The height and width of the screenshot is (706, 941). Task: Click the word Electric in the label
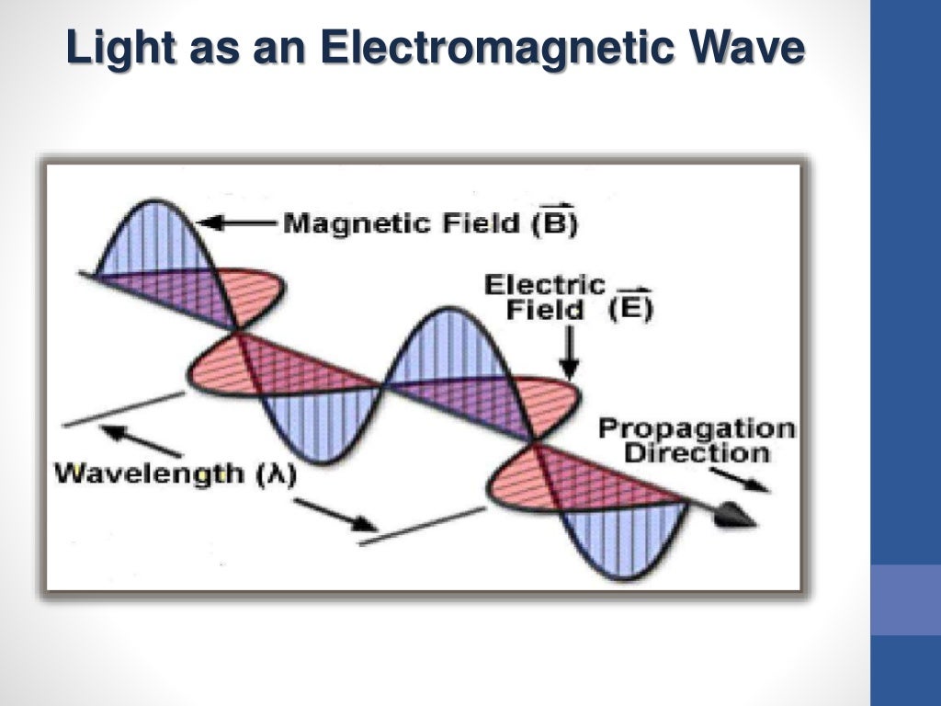click(545, 285)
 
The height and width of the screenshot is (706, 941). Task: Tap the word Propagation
click(697, 428)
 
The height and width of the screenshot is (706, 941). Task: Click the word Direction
click(697, 452)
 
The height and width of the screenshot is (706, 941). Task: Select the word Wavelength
click(149, 475)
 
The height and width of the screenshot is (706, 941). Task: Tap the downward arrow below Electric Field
click(570, 354)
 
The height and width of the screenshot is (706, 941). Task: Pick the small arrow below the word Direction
click(740, 480)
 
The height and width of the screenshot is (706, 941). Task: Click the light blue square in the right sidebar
click(905, 599)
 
